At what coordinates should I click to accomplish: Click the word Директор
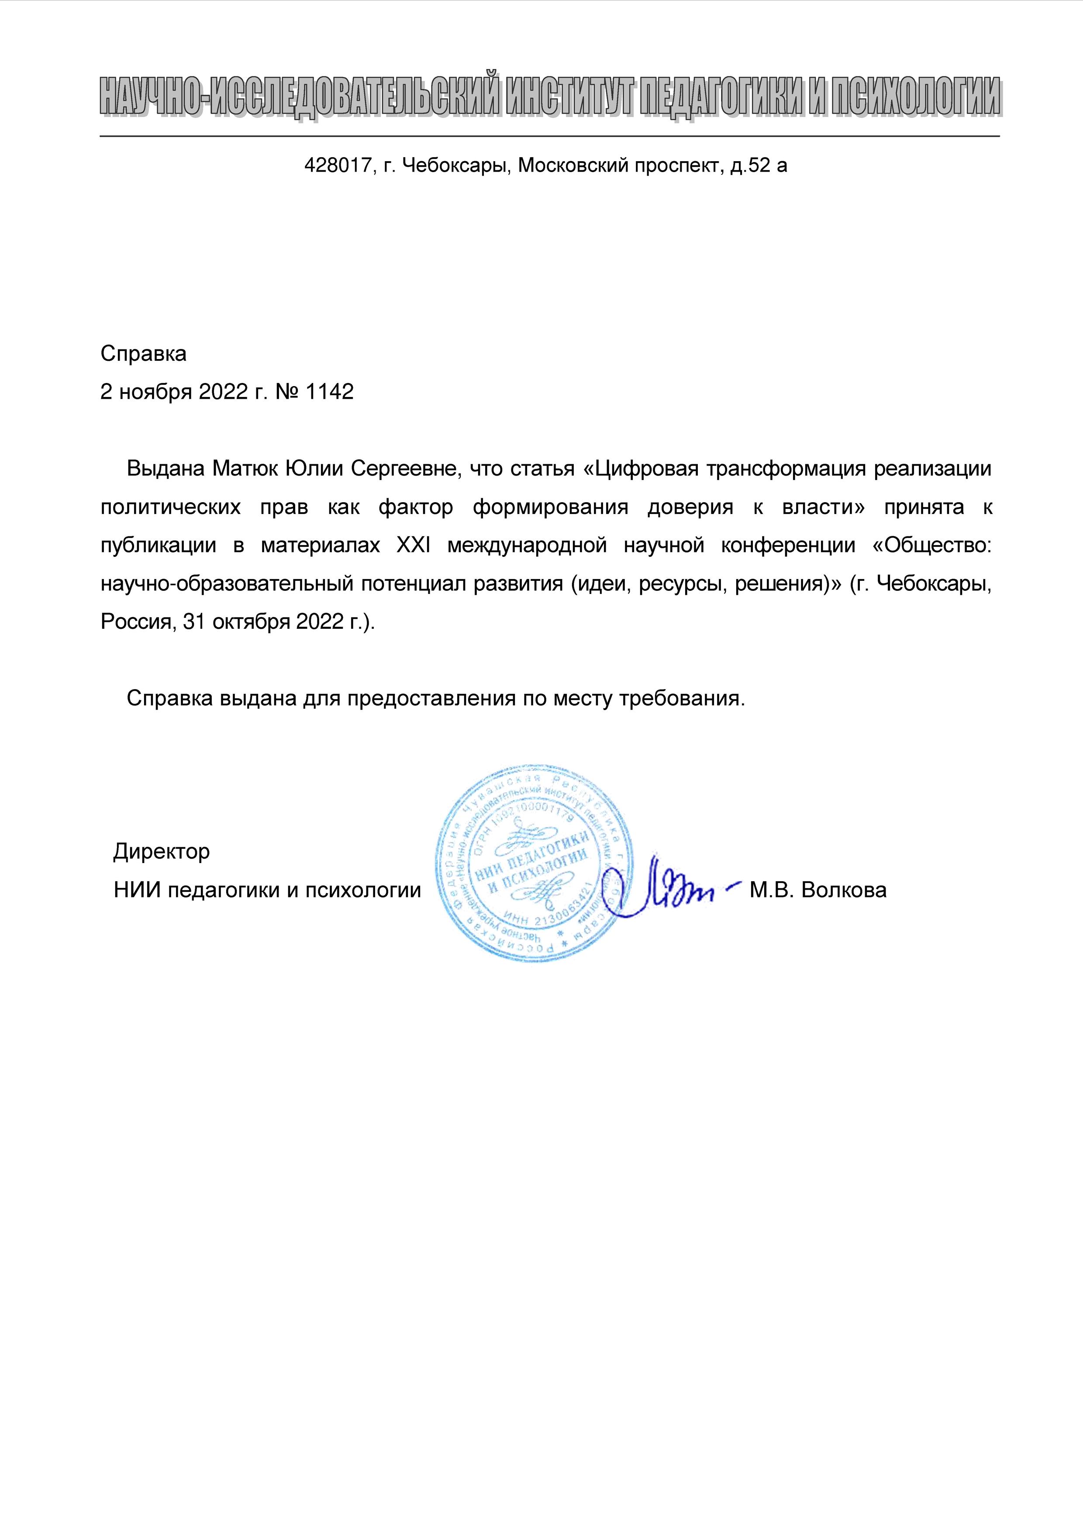coord(162,852)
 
